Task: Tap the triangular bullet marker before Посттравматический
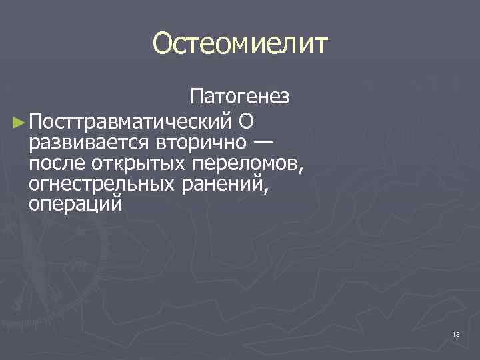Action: click(19, 122)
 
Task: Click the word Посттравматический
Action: click(131, 122)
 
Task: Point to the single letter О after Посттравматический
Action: click(243, 122)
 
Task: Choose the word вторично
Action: click(196, 143)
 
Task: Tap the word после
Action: click(57, 163)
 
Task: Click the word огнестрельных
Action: click(101, 183)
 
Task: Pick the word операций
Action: click(75, 203)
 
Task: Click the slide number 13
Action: click(456, 333)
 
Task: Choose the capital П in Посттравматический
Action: click(37, 122)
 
